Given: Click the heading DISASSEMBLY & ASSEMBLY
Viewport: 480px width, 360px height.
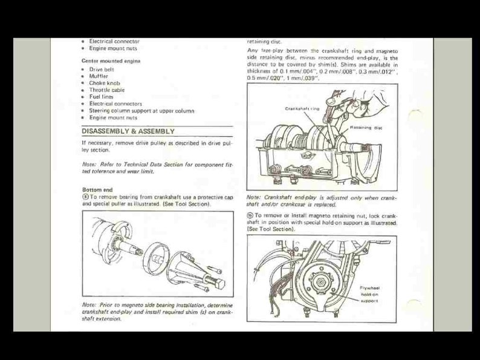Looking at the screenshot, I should coord(128,131).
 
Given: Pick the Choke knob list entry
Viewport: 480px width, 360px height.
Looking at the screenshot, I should coord(105,83).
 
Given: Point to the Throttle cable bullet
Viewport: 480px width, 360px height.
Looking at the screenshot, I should coord(107,90).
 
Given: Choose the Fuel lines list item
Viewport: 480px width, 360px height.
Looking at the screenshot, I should coord(101,97).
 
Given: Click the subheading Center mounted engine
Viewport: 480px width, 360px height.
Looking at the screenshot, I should coord(111,61).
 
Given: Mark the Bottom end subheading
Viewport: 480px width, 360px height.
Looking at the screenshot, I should coord(97,189).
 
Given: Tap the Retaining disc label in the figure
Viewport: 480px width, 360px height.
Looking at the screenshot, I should coord(366,128).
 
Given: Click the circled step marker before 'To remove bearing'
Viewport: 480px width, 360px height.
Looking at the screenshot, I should coord(85,197).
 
